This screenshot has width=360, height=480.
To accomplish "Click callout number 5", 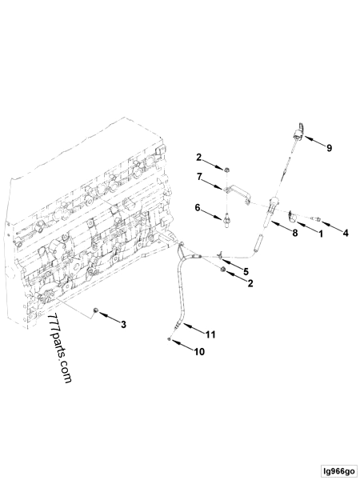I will [246, 271].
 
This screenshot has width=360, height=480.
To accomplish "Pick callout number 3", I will [123, 325].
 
